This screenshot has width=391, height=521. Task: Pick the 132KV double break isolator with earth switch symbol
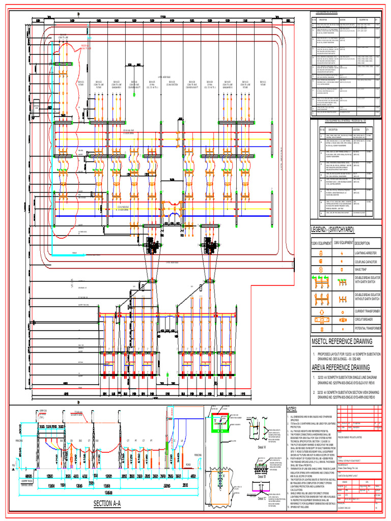(x=322, y=281)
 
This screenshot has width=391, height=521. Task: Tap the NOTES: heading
(x=291, y=409)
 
